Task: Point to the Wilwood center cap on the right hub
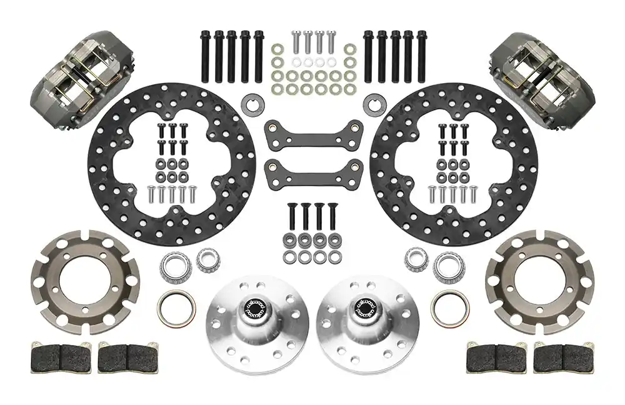pyautogui.click(x=364, y=306)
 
